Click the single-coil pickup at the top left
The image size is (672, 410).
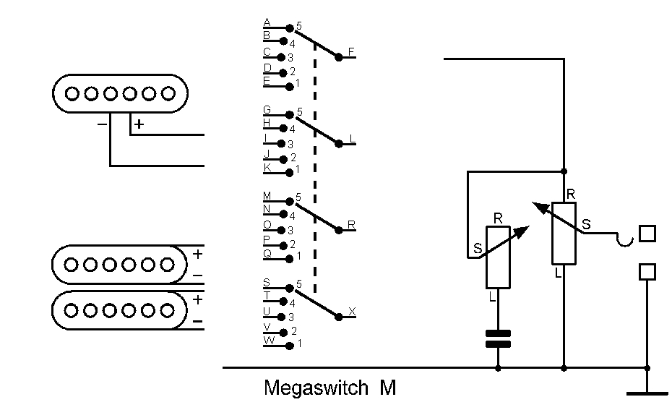pos(120,93)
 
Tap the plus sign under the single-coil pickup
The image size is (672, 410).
pos(139,124)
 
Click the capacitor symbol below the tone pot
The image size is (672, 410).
pos(498,338)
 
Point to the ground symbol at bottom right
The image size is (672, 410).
pos(647,393)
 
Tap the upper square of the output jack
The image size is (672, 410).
pos(647,234)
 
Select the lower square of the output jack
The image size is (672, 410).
pos(647,271)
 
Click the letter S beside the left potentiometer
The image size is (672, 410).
pos(478,248)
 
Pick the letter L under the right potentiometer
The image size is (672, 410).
pos(558,273)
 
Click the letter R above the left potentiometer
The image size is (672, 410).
pos(498,218)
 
